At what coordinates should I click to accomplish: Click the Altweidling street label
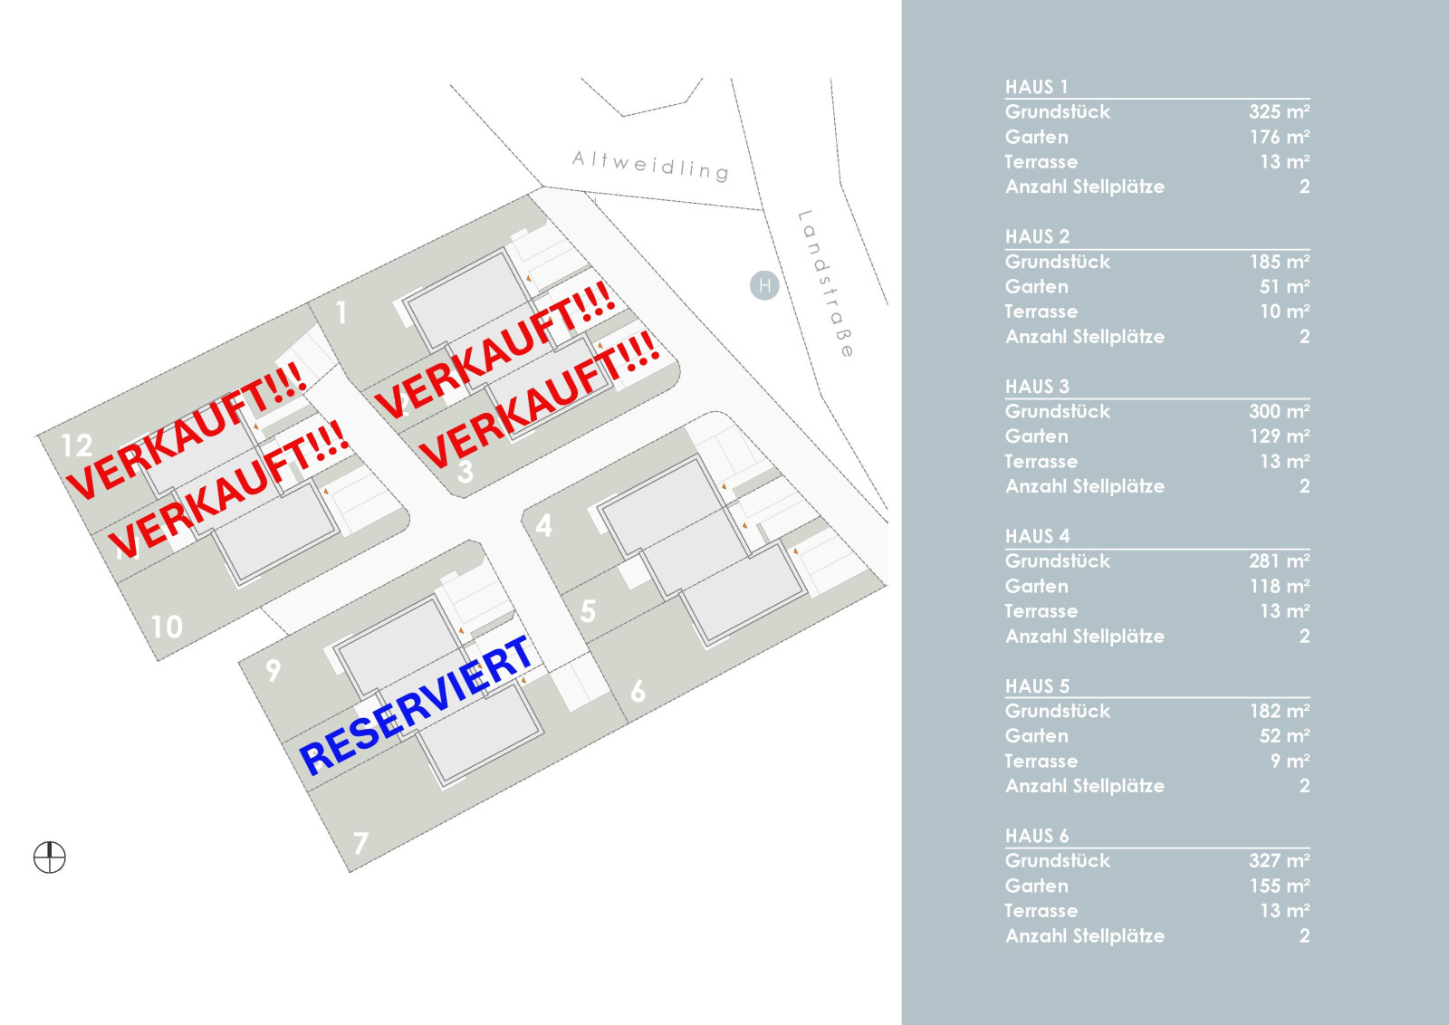[651, 166]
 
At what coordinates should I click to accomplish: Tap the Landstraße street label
[826, 283]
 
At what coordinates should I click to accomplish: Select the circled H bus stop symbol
[764, 285]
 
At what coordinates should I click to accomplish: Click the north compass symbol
[50, 857]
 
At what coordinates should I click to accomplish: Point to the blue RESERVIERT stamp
[416, 705]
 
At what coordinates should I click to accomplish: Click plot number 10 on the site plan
[167, 627]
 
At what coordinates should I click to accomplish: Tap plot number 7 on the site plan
[361, 843]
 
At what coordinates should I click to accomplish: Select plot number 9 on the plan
[273, 671]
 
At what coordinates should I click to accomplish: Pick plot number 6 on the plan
[638, 691]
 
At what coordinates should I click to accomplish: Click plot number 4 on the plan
[544, 526]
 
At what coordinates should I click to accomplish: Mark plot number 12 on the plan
[76, 445]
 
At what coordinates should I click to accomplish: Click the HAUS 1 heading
[1036, 87]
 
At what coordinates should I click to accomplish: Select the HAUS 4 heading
[1037, 536]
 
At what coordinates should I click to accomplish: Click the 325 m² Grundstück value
[1279, 111]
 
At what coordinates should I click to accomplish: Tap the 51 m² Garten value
[1284, 286]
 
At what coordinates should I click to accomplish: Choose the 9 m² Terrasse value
[1290, 761]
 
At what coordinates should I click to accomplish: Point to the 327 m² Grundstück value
[1279, 860]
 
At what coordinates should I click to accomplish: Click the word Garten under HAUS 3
[1036, 436]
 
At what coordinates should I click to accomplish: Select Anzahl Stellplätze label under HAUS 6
[1085, 935]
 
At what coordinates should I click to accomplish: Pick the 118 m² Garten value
[1279, 586]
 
